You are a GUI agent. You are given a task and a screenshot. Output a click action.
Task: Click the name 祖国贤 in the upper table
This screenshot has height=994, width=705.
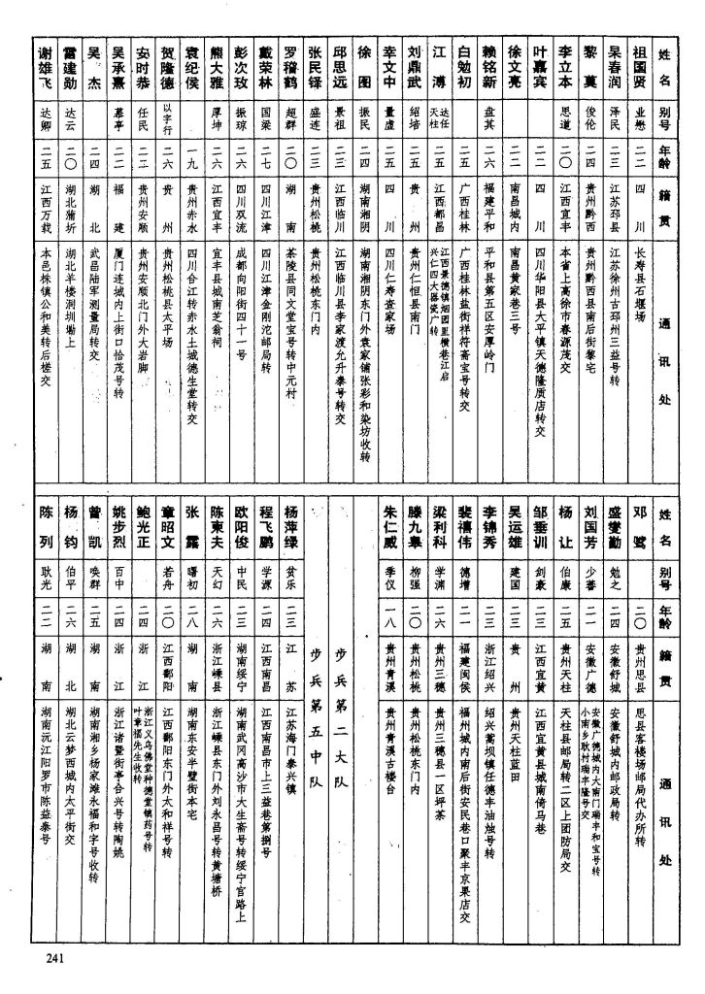pos(639,64)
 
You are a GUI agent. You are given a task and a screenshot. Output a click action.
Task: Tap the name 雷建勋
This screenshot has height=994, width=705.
pos(69,64)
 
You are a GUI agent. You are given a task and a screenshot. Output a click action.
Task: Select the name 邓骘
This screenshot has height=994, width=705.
pos(639,524)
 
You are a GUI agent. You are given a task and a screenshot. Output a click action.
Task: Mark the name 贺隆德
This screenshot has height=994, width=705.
pos(168,64)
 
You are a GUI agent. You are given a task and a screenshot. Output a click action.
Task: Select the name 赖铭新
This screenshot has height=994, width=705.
pos(489,64)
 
